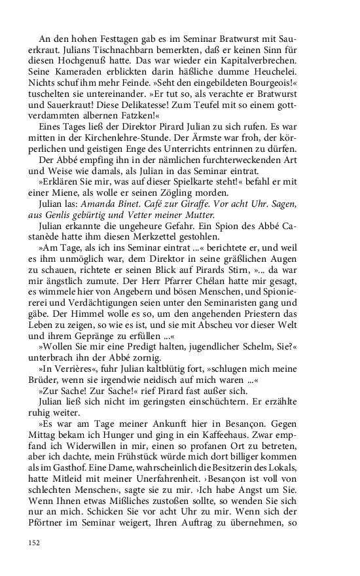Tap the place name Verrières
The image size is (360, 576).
[75, 368]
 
